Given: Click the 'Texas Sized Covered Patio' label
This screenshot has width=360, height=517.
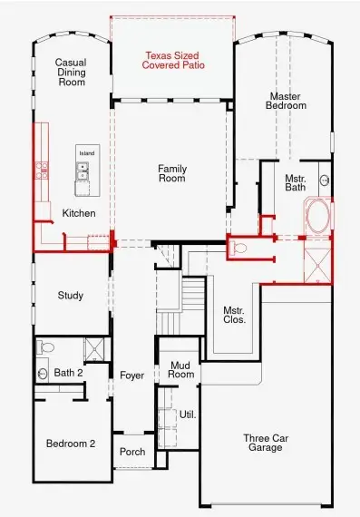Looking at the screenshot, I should point(172,61).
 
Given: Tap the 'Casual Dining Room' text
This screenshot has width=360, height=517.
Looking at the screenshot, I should point(70,72).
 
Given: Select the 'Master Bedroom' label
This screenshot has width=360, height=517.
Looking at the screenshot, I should point(287,101).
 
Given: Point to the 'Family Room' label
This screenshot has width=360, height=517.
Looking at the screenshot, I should point(171,173).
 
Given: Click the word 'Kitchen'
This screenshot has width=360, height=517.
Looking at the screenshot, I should point(79,213).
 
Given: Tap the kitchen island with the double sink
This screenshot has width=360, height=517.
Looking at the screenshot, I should point(86,172).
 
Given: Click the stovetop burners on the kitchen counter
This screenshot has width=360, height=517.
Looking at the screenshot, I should point(41,167).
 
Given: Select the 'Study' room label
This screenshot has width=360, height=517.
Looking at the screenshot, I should point(71,296).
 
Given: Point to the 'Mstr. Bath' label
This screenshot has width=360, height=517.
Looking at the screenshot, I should point(296,183).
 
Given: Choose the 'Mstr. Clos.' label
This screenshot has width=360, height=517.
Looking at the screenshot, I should point(234,315).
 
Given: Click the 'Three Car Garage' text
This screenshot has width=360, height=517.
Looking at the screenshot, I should point(265,444).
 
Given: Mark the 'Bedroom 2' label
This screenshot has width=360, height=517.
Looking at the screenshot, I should point(71,444).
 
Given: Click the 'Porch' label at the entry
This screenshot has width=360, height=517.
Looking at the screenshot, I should point(131,453).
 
